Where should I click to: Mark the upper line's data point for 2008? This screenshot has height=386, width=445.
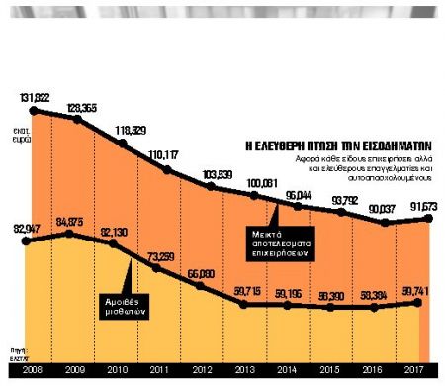pyautogui.click(x=33, y=111)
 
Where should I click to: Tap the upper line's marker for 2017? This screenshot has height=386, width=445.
pyautogui.click(x=426, y=218)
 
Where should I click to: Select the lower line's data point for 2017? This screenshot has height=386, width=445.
pyautogui.click(x=421, y=302)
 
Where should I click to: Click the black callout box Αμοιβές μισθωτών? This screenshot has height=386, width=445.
pyautogui.click(x=127, y=303)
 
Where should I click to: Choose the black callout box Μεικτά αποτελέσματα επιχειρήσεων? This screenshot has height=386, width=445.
pyautogui.click(x=287, y=241)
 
